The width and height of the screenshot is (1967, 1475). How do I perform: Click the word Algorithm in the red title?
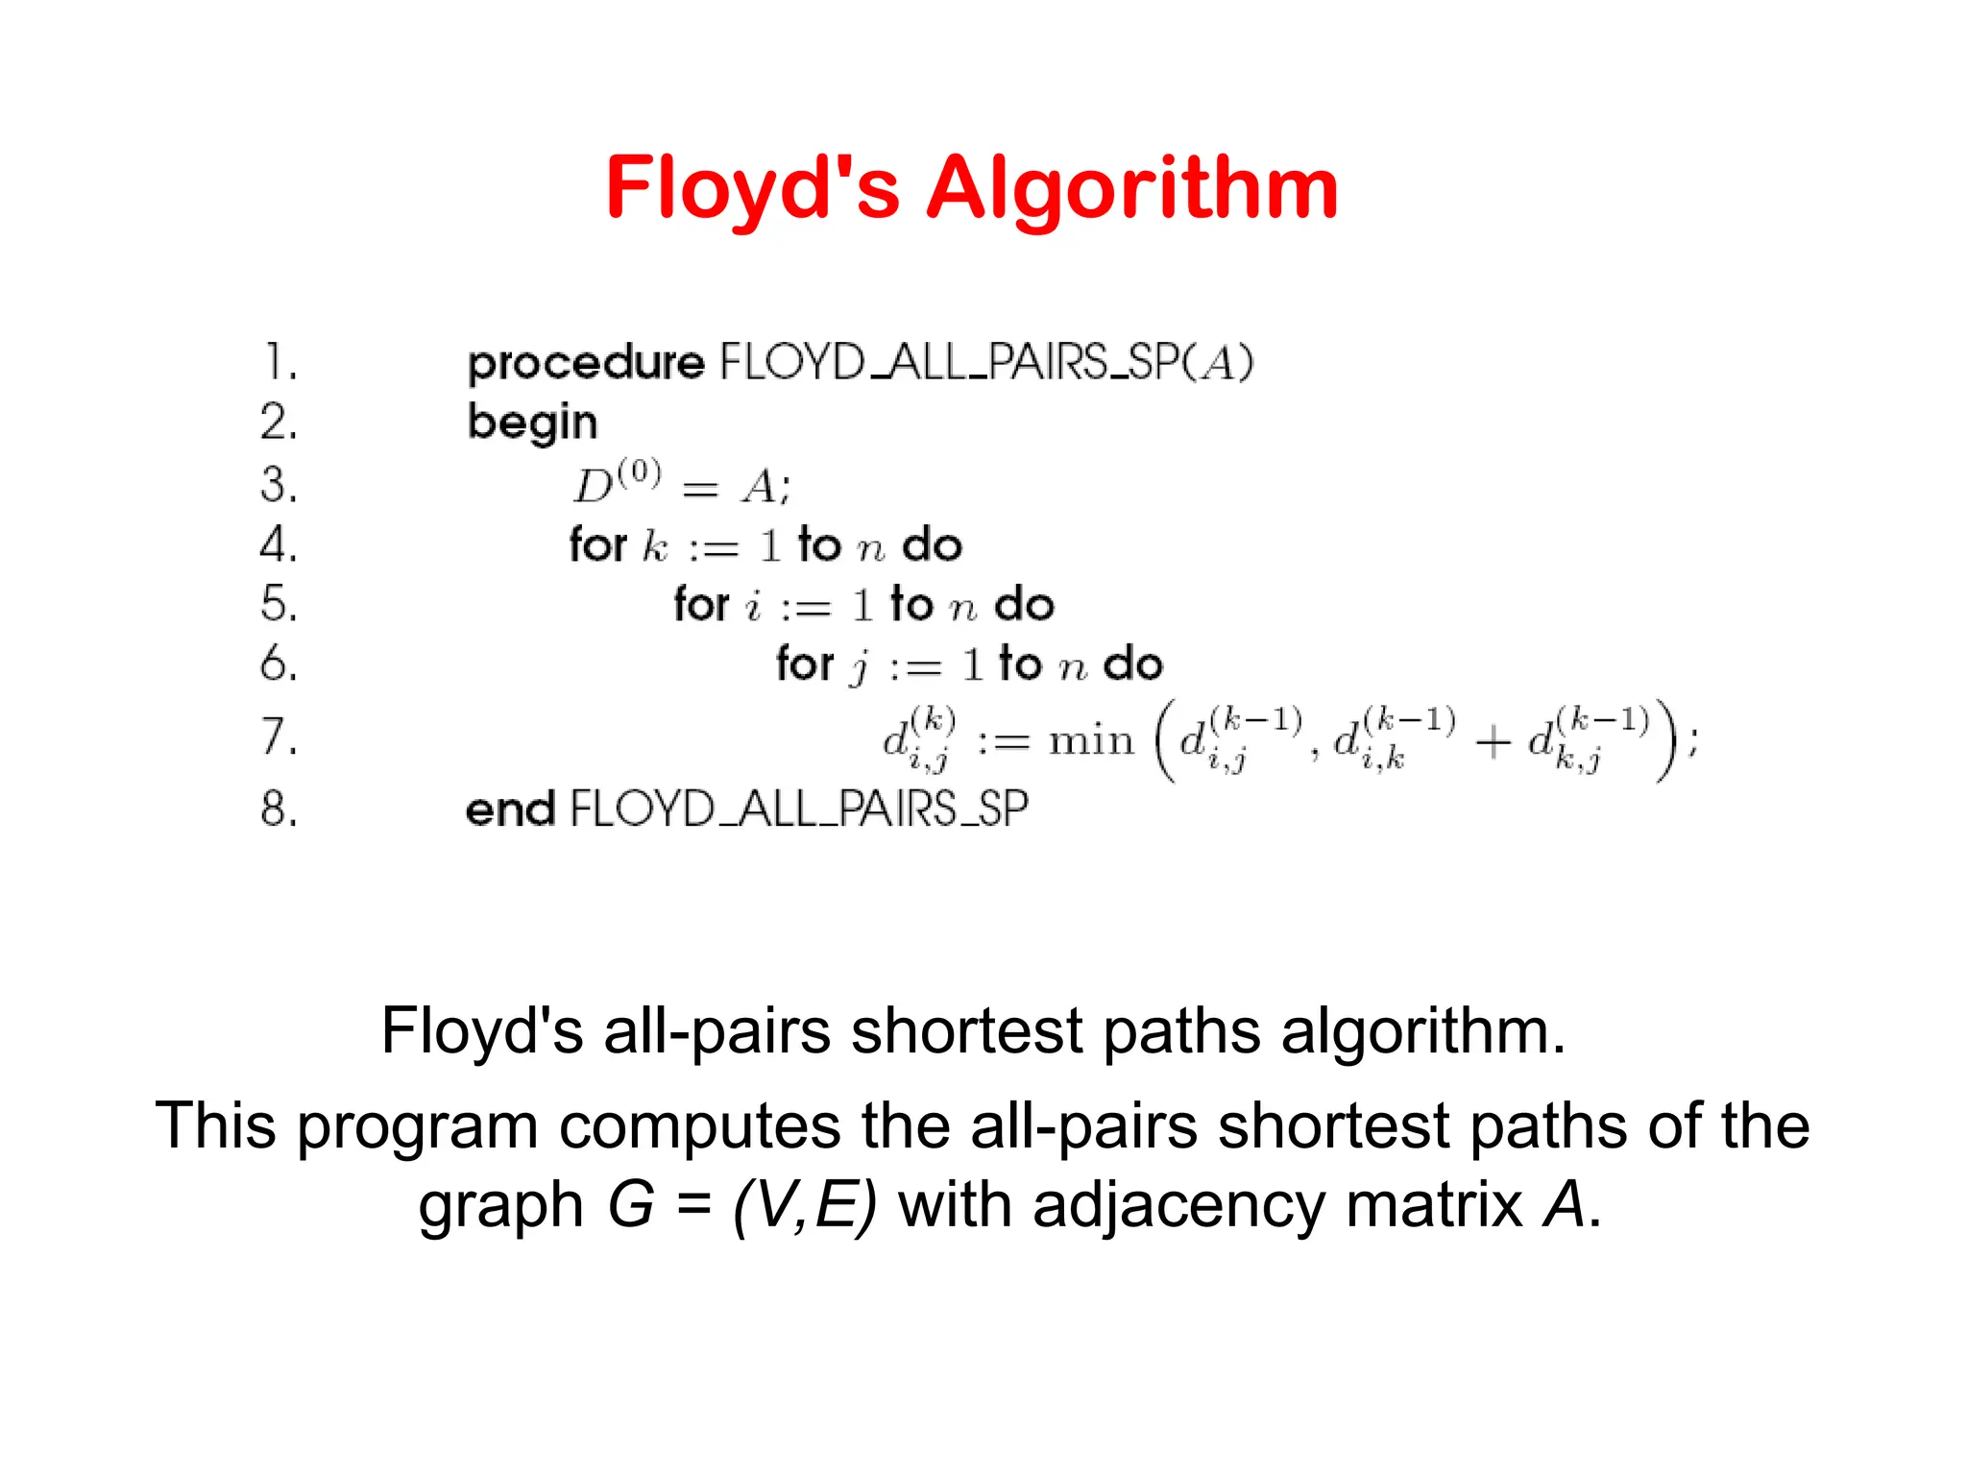(1132, 190)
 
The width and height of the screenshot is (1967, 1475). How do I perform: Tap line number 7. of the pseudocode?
(279, 737)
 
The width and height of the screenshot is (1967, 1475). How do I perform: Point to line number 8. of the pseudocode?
(279, 810)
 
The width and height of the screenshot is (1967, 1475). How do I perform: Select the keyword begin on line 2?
(532, 423)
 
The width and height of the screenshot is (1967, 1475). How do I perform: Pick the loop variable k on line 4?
(655, 546)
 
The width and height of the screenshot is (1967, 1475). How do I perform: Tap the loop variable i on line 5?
(754, 606)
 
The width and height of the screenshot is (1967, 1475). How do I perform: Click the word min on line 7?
(1091, 740)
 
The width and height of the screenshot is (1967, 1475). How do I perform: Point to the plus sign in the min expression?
(1492, 742)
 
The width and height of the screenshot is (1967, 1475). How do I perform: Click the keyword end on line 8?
(510, 810)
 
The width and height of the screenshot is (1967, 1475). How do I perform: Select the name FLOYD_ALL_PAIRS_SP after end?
(799, 810)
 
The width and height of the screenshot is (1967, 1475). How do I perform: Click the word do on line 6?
(1133, 665)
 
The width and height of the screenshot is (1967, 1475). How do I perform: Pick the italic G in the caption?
(631, 1205)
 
